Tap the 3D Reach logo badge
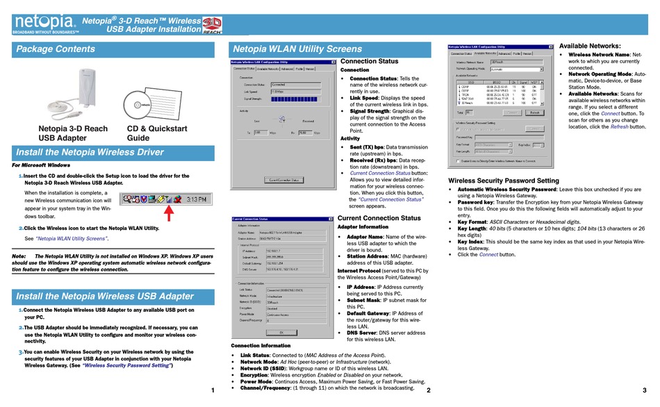[212, 26]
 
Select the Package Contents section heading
[56, 49]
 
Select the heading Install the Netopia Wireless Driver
[90, 152]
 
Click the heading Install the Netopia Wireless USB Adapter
[104, 297]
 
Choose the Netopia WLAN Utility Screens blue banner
[297, 49]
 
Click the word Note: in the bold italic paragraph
[19, 256]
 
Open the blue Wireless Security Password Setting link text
[126, 365]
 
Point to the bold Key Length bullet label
[472, 228]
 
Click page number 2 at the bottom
[429, 391]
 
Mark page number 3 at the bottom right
[644, 391]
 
